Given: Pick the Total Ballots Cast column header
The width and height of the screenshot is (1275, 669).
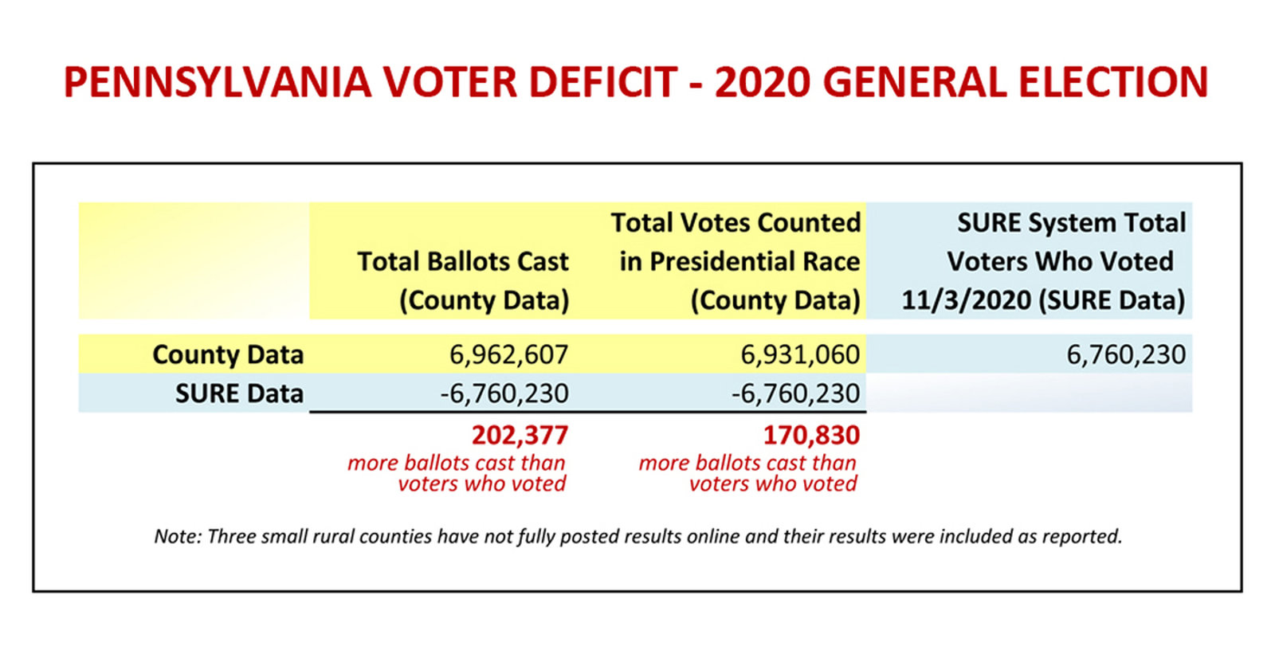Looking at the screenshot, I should click(x=462, y=261).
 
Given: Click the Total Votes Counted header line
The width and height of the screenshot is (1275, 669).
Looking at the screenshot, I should click(x=736, y=222).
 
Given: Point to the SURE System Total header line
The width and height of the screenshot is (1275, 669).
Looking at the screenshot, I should click(x=1071, y=222).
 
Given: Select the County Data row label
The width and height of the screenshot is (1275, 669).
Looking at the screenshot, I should click(x=228, y=354).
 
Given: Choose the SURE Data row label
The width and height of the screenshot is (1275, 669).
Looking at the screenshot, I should click(x=239, y=393).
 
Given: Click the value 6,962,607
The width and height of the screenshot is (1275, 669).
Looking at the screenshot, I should click(x=508, y=354).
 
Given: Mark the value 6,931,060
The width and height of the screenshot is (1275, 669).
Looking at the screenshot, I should click(x=800, y=354).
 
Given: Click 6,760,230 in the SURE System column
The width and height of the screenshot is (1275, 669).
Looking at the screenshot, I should click(x=1126, y=354).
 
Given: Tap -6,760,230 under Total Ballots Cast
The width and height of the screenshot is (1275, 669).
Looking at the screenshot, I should click(x=504, y=393).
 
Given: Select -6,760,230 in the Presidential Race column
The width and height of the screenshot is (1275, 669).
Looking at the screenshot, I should click(x=795, y=393).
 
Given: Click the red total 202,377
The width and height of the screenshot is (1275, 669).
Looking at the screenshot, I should click(x=520, y=435).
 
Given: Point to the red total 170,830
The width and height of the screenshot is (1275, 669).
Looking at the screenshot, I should click(x=811, y=435).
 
